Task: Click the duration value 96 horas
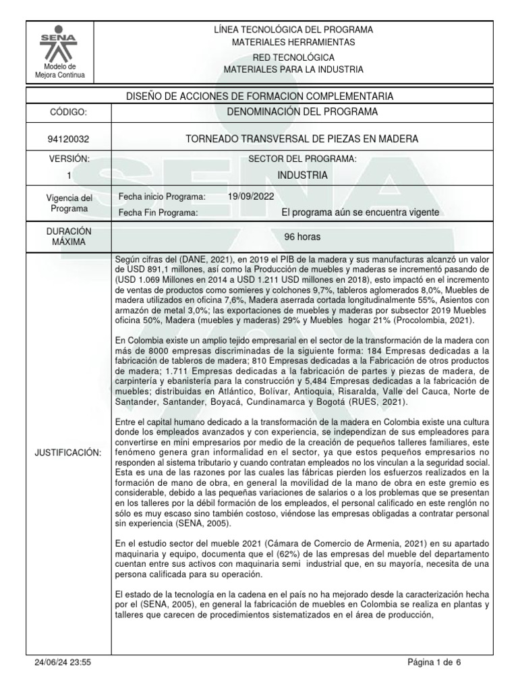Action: point(301,238)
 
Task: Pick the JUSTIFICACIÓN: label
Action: point(67,452)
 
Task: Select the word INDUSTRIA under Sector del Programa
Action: point(302,175)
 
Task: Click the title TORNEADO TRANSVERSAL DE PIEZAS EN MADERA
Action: point(301,139)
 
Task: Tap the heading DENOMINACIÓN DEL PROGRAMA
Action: point(301,111)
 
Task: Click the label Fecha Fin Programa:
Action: point(158,213)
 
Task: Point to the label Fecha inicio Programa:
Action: point(161,196)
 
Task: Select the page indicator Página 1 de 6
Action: point(434,663)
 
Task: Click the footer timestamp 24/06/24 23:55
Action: point(63,663)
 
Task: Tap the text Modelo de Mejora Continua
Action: point(60,71)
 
